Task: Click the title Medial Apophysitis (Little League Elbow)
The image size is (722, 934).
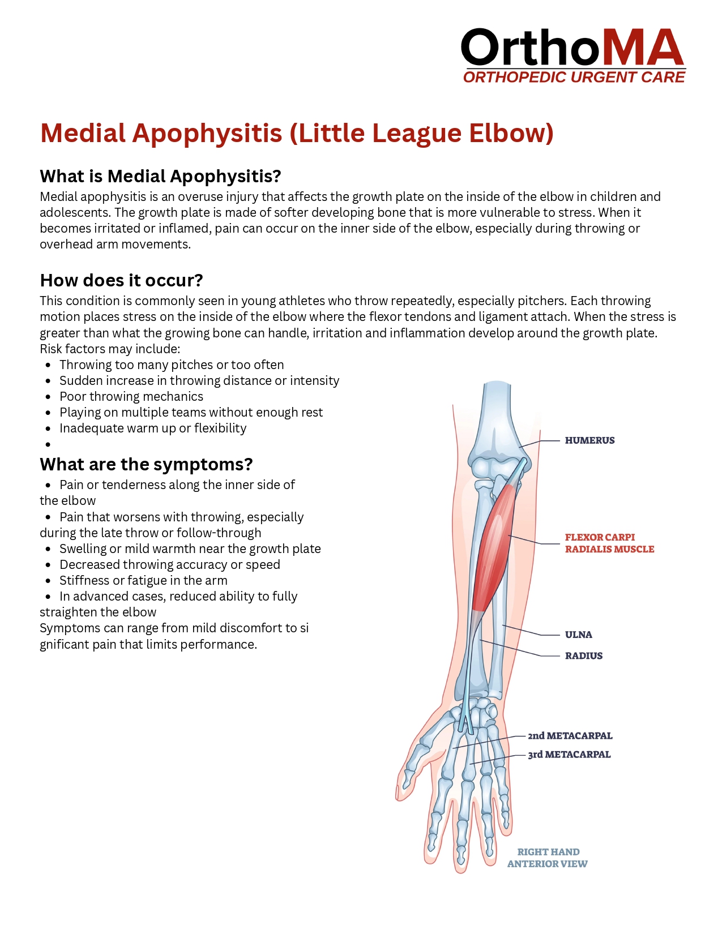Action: point(297,134)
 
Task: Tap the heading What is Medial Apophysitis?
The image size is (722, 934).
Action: point(160,177)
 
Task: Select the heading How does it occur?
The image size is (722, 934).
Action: point(121,281)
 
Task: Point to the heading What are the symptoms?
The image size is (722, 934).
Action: point(146,465)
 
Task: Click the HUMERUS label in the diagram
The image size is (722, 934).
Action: point(589,440)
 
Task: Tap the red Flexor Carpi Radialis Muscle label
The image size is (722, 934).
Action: point(609,543)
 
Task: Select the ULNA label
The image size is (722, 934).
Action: point(578,635)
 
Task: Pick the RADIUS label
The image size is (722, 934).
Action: point(583,656)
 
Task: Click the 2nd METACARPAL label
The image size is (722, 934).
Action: point(570,736)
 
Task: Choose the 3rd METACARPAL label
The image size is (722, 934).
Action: point(569,755)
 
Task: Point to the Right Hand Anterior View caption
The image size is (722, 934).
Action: point(548,858)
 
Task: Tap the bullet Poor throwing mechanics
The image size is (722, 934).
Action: point(131,397)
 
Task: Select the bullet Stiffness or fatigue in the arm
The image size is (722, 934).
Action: point(143,581)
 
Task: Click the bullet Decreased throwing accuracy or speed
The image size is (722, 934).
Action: point(169,565)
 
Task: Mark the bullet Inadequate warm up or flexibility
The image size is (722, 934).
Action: point(152,429)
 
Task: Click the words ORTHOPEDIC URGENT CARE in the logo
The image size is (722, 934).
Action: point(574,78)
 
